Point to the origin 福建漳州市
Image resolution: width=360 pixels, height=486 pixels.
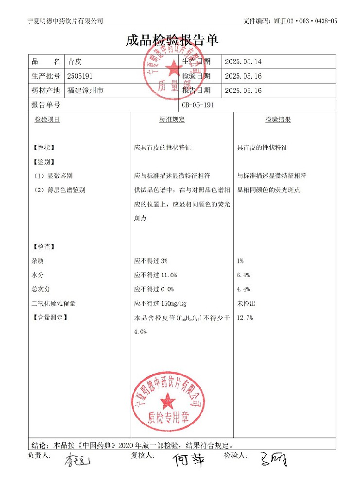coord(85,90)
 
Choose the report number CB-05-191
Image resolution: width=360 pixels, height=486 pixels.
coord(198,104)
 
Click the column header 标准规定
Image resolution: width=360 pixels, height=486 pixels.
coord(172,120)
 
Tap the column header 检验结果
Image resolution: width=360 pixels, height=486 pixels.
coord(278,120)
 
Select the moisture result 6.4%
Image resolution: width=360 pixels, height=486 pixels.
coord(243,275)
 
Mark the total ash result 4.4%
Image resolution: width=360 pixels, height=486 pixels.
coord(243,289)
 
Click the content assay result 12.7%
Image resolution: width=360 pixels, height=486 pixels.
coord(245,318)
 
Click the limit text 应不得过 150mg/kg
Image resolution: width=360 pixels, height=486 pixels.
coord(160,304)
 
